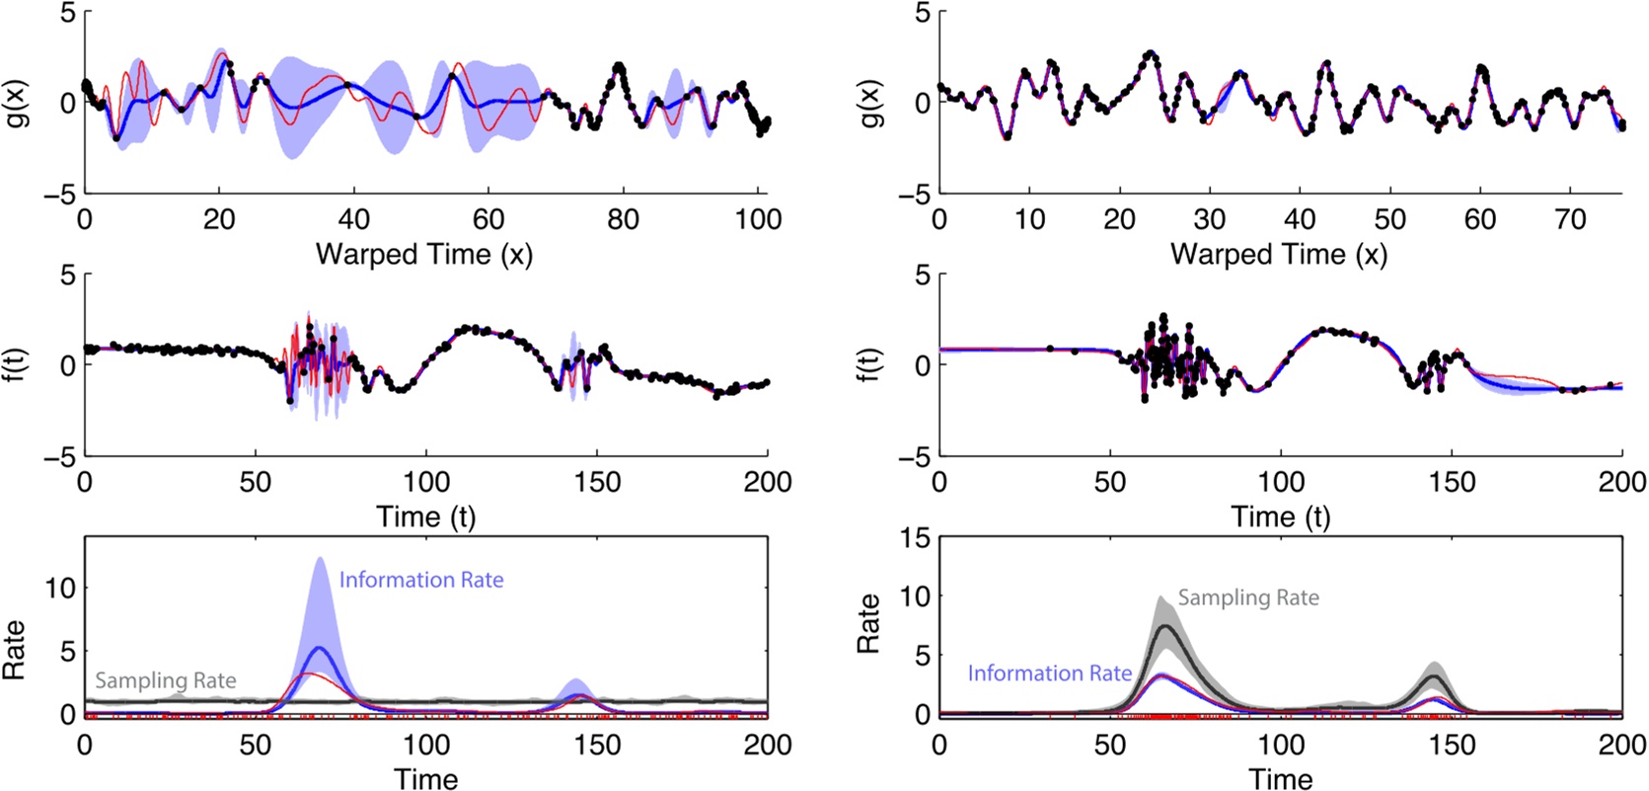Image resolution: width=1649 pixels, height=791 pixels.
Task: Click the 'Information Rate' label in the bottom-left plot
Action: point(421,580)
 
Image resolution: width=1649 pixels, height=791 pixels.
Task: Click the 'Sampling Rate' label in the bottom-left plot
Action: point(166,680)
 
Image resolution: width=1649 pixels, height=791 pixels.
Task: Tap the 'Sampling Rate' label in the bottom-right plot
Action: point(1248,597)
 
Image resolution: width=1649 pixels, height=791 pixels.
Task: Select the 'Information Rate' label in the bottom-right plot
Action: point(1049,673)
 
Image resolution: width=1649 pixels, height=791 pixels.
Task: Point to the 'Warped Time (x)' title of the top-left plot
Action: point(424,255)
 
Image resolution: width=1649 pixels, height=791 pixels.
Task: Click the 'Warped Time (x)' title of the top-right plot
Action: point(1279,255)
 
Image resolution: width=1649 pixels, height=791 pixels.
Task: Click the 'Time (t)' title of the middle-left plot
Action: point(425,516)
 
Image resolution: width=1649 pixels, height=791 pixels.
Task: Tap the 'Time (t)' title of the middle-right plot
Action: point(1280,516)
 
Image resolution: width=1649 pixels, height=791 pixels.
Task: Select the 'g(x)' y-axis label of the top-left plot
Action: point(17,103)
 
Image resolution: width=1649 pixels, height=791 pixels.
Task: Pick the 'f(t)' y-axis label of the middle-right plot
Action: point(871,365)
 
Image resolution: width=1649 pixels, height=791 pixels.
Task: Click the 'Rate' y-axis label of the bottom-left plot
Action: point(14,650)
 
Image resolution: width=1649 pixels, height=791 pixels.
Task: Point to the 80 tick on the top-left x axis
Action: point(623,219)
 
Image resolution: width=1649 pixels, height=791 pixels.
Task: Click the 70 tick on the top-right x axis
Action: point(1570,219)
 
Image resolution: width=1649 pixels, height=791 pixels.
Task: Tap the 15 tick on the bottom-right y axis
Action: point(915,538)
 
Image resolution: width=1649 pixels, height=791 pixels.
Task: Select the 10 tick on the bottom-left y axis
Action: point(60,588)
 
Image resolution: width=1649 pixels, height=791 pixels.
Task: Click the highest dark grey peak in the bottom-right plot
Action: point(1166,626)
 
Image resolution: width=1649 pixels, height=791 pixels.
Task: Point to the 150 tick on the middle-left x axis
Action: point(597,482)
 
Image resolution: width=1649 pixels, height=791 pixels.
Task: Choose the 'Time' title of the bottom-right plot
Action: point(1280,779)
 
